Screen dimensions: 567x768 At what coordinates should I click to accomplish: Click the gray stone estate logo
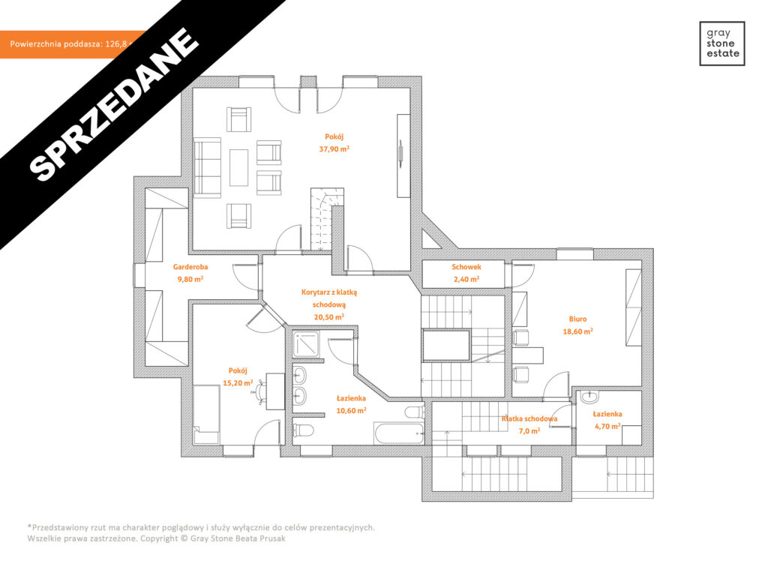click(x=721, y=43)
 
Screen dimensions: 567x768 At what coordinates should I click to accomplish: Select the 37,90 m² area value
click(x=334, y=148)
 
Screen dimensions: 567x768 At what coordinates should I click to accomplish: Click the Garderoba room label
click(x=190, y=267)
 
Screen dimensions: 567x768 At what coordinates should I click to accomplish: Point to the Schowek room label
click(x=466, y=267)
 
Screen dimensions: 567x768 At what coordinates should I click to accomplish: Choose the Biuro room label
click(x=577, y=318)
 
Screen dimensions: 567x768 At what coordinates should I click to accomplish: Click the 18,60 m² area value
click(x=577, y=331)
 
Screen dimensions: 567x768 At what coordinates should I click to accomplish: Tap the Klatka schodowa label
click(x=529, y=419)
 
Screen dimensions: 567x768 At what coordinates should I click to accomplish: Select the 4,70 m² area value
click(x=607, y=426)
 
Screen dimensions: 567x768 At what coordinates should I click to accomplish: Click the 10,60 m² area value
click(x=351, y=410)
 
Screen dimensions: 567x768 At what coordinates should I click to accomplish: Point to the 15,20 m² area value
click(x=238, y=382)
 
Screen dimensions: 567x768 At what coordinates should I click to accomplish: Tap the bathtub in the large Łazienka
click(x=398, y=433)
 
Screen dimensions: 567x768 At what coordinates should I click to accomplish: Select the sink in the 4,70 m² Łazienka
click(x=589, y=397)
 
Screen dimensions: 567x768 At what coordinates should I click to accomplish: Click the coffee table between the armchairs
click(x=239, y=166)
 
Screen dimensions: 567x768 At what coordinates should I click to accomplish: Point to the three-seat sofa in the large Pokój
click(x=208, y=166)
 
